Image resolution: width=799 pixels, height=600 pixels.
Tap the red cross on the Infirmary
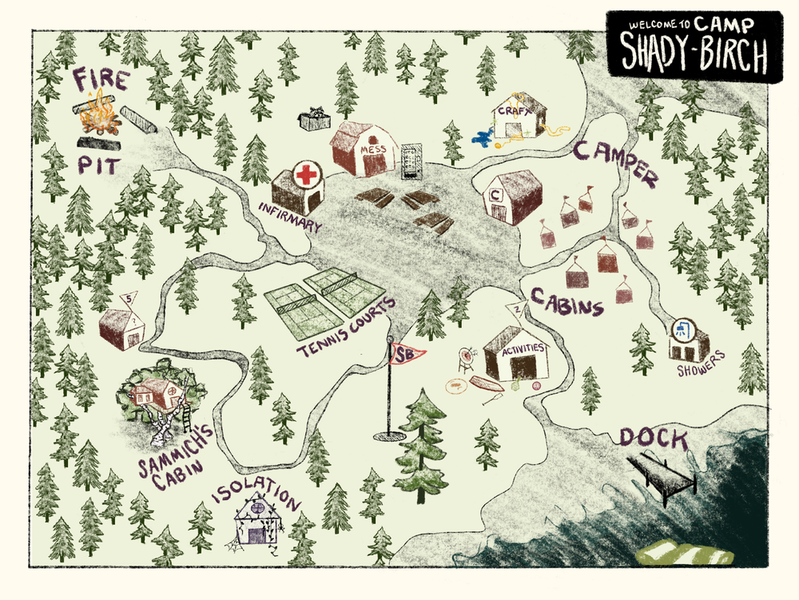click(x=304, y=174)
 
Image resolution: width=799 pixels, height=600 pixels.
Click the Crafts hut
click(x=519, y=119)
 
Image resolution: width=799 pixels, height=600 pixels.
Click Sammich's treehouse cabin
click(x=157, y=393)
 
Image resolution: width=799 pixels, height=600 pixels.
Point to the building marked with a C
click(x=512, y=197)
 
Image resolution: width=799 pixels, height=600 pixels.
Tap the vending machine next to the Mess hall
click(x=409, y=157)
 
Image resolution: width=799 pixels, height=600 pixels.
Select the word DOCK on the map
click(x=653, y=437)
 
